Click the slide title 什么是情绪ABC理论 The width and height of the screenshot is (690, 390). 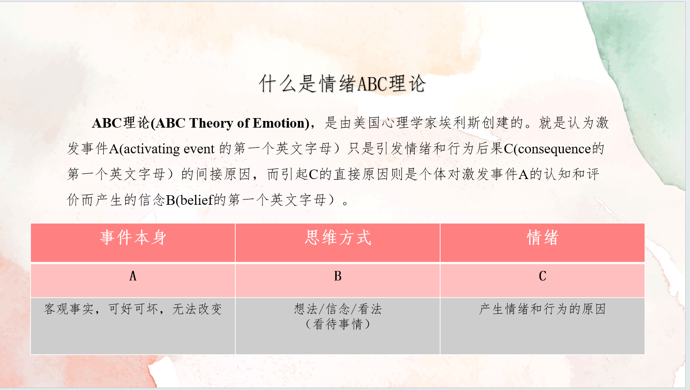coord(342,83)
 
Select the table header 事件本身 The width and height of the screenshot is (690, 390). coord(133,238)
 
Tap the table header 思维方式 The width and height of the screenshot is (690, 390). coord(338,238)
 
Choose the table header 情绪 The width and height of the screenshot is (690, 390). coord(543,238)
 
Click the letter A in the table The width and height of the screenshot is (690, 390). coord(133,276)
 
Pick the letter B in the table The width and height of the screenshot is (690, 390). coord(338,276)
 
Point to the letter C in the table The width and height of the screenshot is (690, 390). coord(543,276)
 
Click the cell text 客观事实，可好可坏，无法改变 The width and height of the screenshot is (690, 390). coord(133,309)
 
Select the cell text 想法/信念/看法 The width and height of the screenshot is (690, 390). coord(338,309)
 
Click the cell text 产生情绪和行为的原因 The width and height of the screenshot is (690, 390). coord(542,309)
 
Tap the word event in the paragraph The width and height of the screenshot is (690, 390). coord(199,150)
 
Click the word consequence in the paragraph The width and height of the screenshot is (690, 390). coord(554,150)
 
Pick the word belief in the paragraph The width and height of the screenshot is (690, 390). coord(197,200)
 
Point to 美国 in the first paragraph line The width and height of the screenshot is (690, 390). coord(367,123)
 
